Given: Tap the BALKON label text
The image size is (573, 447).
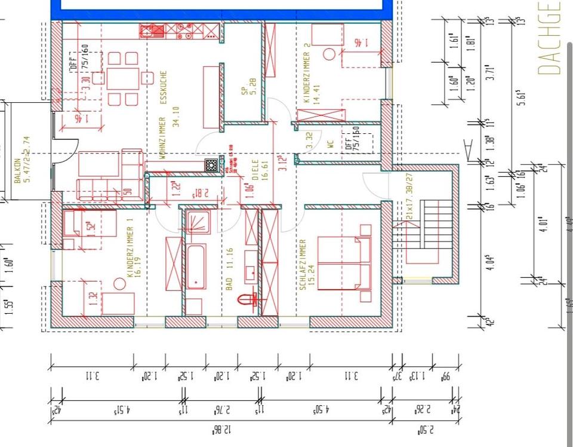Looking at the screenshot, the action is (17, 170).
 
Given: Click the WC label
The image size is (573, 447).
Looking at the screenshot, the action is (329, 144).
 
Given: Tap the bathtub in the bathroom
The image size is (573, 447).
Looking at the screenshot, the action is (196, 267).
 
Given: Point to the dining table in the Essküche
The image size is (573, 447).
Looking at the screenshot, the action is (123, 78).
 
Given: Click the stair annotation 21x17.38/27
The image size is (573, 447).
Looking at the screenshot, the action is (410, 197).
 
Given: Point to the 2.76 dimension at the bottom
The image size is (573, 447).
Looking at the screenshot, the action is (221, 410).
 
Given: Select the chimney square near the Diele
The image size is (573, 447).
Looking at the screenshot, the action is (211, 166).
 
